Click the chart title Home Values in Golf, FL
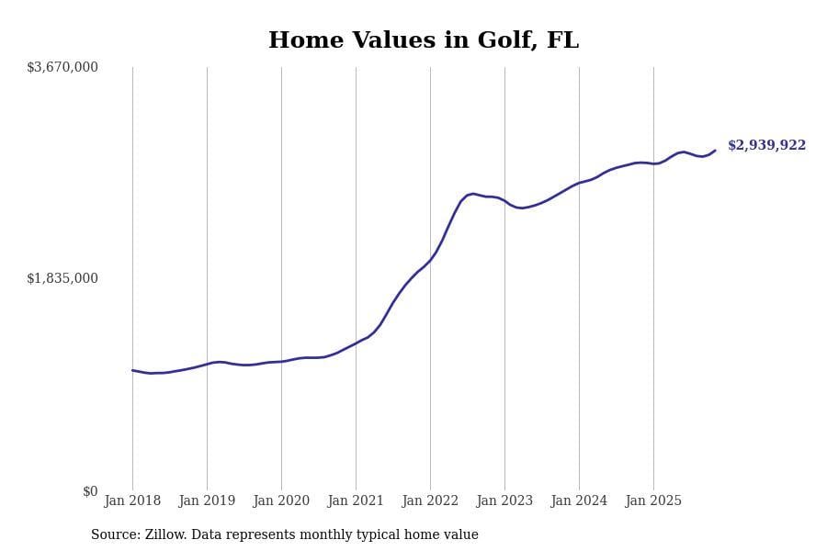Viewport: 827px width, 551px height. pos(424,41)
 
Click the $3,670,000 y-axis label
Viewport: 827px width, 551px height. pos(62,67)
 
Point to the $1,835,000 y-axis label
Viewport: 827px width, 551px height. pos(62,278)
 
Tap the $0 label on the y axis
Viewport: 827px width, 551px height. pos(90,491)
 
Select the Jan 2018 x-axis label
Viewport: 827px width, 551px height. pos(132,500)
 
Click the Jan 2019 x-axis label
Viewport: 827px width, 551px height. pos(207,500)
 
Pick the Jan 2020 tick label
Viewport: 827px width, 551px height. pos(281,500)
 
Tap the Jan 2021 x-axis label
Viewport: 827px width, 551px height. pos(356,500)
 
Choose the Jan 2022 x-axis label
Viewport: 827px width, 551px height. pos(430,500)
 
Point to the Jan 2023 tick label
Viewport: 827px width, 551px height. pos(504,500)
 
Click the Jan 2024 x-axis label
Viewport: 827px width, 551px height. pos(579,500)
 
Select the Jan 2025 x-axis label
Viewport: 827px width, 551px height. pos(653,500)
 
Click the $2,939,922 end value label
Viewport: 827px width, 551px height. pos(766,145)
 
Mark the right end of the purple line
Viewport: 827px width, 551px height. pos(715,151)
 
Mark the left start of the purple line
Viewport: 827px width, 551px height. pos(132,370)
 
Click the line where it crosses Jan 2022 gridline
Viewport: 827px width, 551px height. pos(430,260)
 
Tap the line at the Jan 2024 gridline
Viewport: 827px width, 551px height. pos(579,183)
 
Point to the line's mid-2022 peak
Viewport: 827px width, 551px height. pos(473,194)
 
